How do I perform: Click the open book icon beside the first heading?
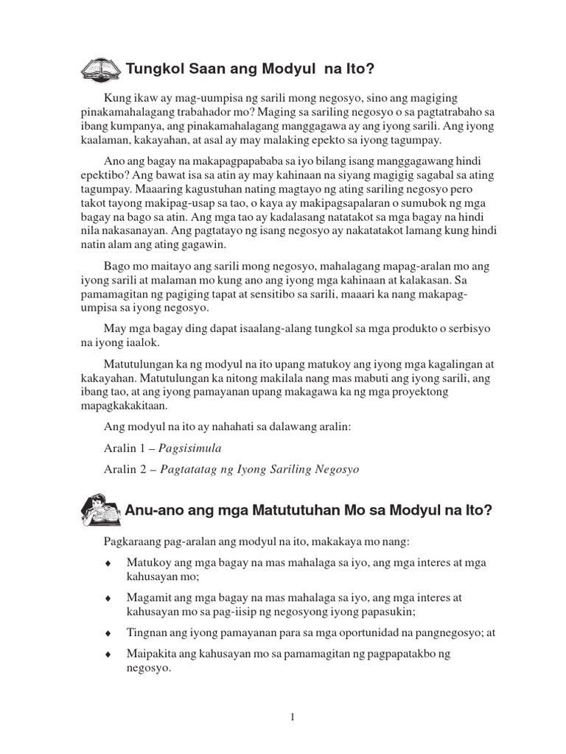(x=100, y=68)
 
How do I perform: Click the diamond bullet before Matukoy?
(x=108, y=563)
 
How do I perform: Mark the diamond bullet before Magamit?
(x=108, y=599)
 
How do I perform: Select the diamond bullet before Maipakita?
(x=108, y=654)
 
